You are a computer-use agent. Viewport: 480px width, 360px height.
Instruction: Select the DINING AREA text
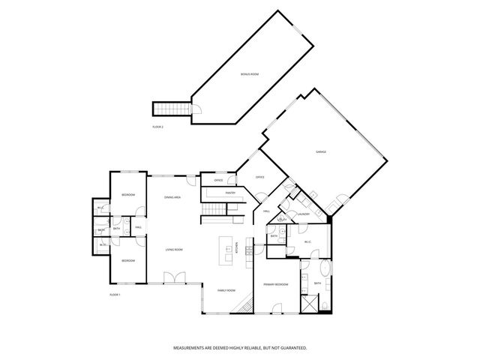point(172,197)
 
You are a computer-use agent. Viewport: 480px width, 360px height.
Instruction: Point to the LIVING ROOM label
point(174,250)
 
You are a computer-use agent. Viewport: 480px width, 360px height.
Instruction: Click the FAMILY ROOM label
point(226,289)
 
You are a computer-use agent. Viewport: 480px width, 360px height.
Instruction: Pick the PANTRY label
point(229,193)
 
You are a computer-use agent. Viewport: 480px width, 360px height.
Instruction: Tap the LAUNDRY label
point(303,214)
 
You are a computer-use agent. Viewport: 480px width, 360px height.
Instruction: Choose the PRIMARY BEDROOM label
point(276,285)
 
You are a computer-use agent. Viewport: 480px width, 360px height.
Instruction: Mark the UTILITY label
point(281,219)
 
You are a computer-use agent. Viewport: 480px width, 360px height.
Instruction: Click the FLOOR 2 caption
point(157,127)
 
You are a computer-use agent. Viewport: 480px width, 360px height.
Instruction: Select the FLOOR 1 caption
point(115,295)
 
